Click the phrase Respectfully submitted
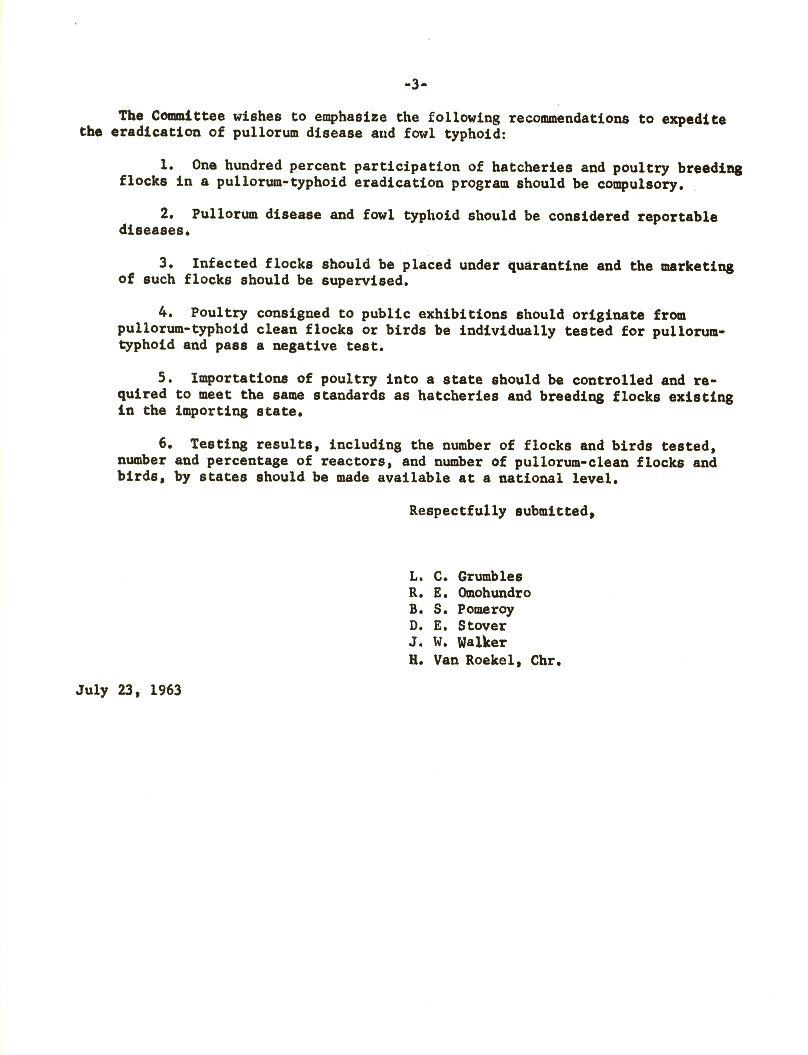pos(502,511)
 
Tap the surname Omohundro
pos(494,593)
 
